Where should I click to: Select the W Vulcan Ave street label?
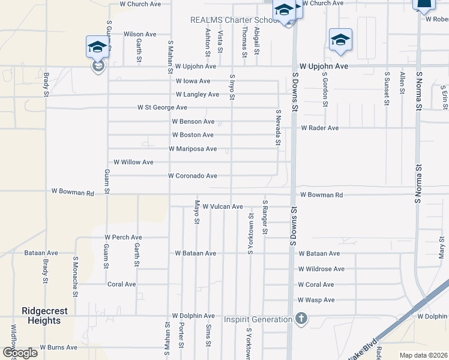click(223, 206)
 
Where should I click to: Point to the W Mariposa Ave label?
click(193, 149)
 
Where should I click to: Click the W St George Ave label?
click(162, 108)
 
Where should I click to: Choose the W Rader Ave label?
click(320, 128)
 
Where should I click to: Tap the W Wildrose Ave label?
click(321, 269)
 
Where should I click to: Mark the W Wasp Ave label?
click(316, 300)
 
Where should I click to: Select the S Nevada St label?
click(278, 127)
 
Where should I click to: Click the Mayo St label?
click(196, 212)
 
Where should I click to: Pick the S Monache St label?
click(76, 277)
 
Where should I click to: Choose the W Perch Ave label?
click(124, 238)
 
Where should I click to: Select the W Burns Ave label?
click(59, 347)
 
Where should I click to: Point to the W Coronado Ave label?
click(193, 176)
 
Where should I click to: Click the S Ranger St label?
click(265, 220)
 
